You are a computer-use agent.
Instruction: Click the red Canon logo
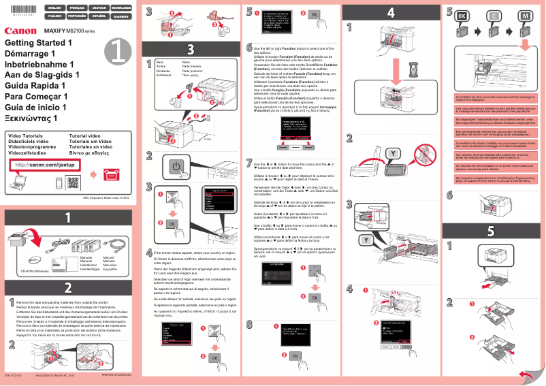20,31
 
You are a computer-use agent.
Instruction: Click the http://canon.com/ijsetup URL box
42,165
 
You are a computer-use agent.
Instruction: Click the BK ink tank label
462,15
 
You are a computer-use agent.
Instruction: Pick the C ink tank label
494,15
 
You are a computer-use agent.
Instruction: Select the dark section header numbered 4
391,12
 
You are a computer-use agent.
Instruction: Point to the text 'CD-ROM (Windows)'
35,271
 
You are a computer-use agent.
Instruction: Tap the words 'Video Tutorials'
25,136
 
